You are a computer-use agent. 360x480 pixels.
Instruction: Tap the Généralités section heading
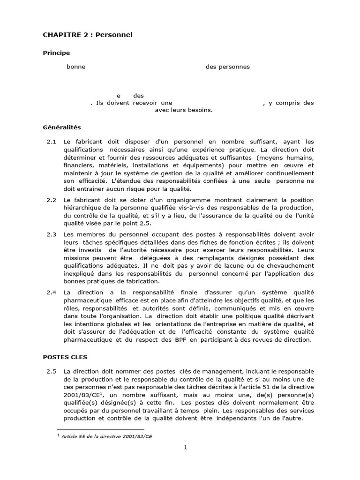click(62, 127)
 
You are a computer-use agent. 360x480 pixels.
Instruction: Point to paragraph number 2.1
click(52, 142)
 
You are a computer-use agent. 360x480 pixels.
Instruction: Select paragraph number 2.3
click(52, 234)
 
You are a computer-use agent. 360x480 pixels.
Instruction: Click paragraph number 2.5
click(52, 372)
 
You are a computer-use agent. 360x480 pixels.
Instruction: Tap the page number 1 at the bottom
click(185, 447)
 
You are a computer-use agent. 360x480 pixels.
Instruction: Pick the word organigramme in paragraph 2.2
click(157, 200)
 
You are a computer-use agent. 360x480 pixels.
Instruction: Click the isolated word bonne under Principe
click(76, 67)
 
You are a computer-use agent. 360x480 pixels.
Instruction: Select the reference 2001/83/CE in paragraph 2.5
click(80, 395)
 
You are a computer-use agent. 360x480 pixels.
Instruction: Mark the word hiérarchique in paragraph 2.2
click(82, 208)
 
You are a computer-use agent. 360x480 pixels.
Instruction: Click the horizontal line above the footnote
click(100, 429)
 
